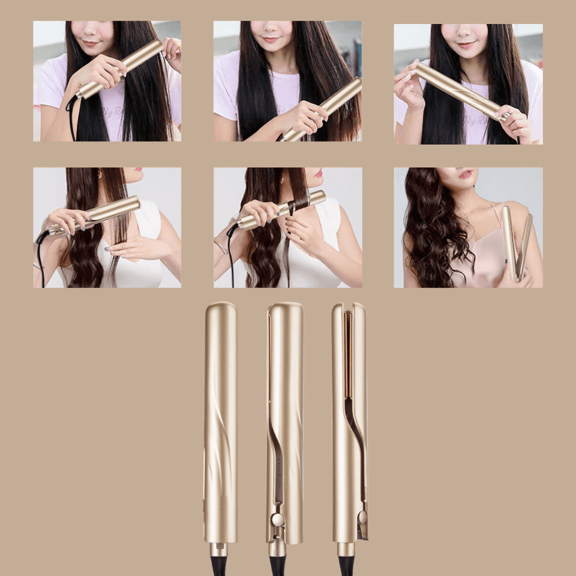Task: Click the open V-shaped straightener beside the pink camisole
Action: coord(517,243)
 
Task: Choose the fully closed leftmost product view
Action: coord(220,420)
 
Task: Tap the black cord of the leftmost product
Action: coord(218,567)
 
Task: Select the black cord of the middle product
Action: coord(277,567)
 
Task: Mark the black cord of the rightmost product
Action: coord(346,567)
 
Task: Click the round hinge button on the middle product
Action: coord(277,520)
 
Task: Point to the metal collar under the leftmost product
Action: coord(218,550)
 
